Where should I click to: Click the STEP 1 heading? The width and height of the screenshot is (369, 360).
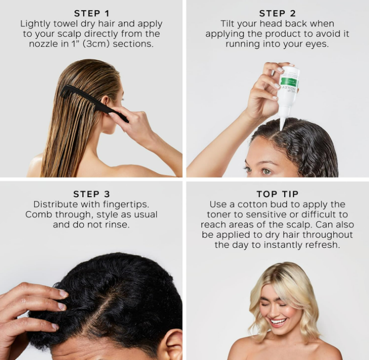pos(92,14)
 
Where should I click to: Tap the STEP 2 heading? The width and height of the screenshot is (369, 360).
pos(278,14)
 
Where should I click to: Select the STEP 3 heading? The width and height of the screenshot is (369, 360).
pos(91,194)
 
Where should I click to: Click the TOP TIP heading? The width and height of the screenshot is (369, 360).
pos(278,194)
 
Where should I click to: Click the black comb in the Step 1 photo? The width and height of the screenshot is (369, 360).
pos(94,102)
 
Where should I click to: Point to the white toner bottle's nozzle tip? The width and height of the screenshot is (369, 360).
pos(281,129)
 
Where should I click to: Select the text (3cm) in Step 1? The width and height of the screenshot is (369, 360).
pos(96,44)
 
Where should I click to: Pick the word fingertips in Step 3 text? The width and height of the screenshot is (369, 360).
pos(124,205)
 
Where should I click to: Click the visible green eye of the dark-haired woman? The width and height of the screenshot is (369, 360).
pos(267,171)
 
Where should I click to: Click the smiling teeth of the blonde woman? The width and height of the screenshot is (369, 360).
pos(279,321)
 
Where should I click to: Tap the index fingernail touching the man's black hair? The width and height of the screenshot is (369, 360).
pos(64,293)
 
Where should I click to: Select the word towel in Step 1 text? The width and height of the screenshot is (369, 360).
pos(65,24)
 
